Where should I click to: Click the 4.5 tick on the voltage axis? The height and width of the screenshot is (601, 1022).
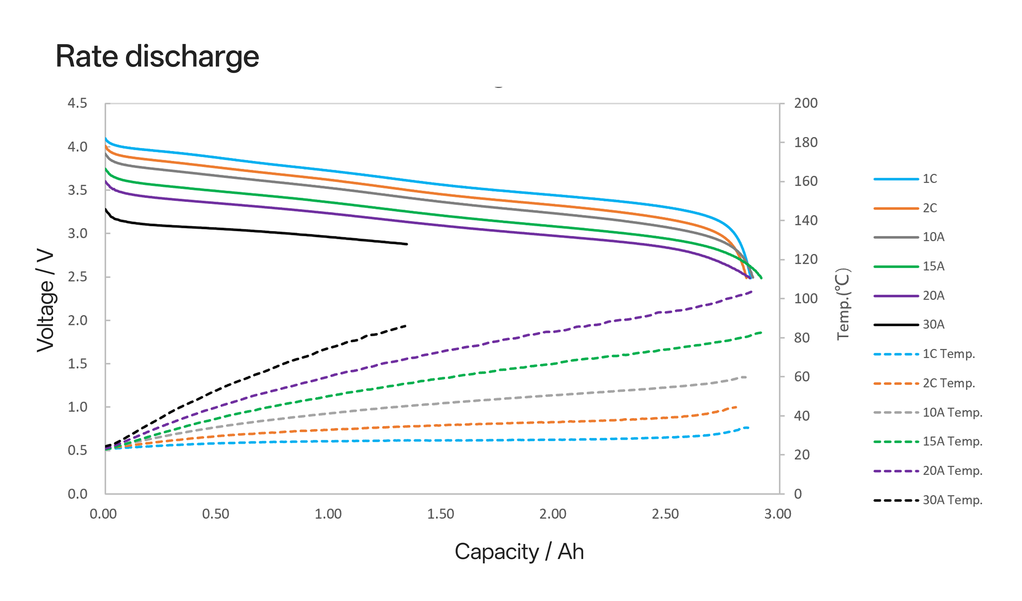[77, 103]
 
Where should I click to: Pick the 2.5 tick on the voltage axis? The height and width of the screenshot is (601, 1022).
[77, 277]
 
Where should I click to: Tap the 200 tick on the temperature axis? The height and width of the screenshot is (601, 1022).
[805, 103]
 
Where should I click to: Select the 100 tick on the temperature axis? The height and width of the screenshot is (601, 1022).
[805, 299]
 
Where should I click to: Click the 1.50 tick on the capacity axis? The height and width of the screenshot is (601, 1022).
[441, 514]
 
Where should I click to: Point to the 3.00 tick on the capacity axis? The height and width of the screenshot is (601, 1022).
[777, 514]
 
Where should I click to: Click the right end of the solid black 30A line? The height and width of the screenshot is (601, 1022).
[407, 244]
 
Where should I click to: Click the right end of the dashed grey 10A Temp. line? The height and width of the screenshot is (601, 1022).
[746, 377]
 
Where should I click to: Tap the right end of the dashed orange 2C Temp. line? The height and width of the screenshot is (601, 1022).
[736, 407]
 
